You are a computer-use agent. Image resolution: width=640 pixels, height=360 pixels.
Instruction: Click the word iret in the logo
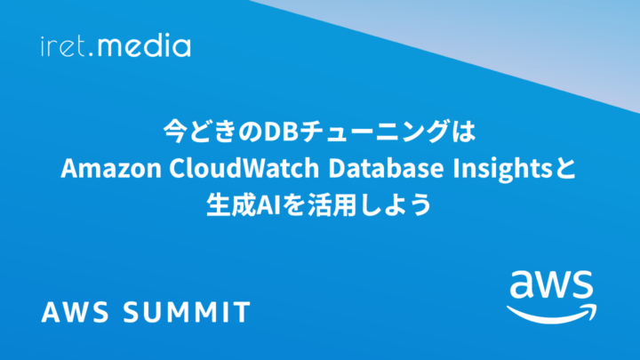[x=62, y=46]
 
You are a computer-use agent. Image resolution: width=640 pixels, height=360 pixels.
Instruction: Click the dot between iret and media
[x=90, y=54]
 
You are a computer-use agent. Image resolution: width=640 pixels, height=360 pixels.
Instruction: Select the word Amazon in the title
[x=111, y=168]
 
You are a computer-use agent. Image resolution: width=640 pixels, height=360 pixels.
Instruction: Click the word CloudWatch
[x=244, y=168]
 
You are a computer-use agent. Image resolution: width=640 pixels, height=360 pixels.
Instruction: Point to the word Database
[x=386, y=168]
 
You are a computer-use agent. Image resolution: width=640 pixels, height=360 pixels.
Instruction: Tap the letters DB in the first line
[x=281, y=132]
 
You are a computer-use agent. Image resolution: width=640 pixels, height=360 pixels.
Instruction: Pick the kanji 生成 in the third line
[x=230, y=204]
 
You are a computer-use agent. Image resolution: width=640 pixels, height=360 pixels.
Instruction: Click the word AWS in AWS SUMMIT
[x=76, y=312]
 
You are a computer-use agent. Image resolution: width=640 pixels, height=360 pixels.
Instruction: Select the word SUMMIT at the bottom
[x=187, y=312]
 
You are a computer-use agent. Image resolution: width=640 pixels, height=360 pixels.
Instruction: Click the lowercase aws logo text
[x=551, y=284]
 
